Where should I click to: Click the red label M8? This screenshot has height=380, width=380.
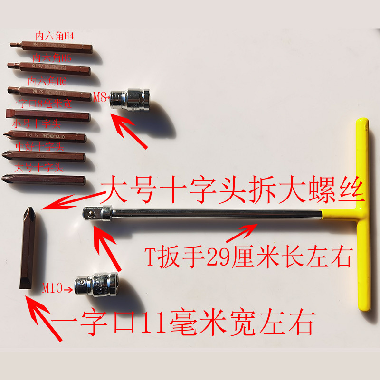(x=100, y=98)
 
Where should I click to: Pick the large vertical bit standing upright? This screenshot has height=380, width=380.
(x=28, y=247)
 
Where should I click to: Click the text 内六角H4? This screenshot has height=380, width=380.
(x=54, y=36)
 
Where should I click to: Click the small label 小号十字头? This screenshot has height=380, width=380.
(x=36, y=124)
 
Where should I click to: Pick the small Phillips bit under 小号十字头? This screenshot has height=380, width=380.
(x=45, y=137)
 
